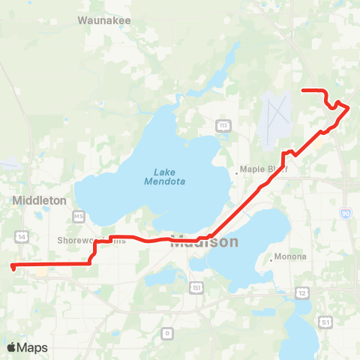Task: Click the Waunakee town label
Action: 106,21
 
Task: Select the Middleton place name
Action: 40,201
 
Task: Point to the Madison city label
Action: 204,242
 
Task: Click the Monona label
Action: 292,256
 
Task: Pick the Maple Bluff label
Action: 263,169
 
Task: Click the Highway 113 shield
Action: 223,124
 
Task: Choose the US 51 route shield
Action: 325,322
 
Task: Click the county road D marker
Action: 167,332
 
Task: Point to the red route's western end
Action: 13,265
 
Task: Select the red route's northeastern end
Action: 303,90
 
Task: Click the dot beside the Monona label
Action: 270,259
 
